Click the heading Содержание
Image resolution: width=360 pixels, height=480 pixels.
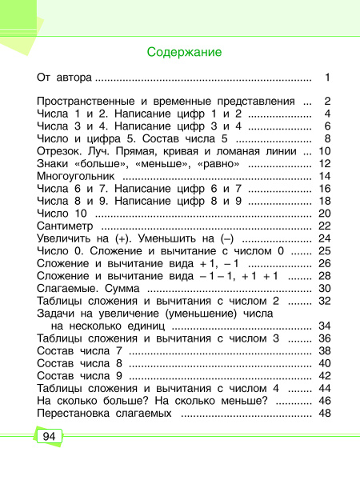pyautogui.click(x=184, y=53)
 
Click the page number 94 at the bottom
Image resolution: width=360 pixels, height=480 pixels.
pyautogui.click(x=48, y=437)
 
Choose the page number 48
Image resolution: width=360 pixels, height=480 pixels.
pyautogui.click(x=324, y=413)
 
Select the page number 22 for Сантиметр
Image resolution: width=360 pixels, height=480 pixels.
pyautogui.click(x=324, y=226)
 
